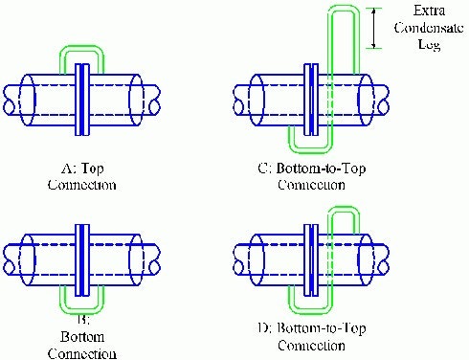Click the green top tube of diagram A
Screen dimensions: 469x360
click(x=81, y=46)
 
